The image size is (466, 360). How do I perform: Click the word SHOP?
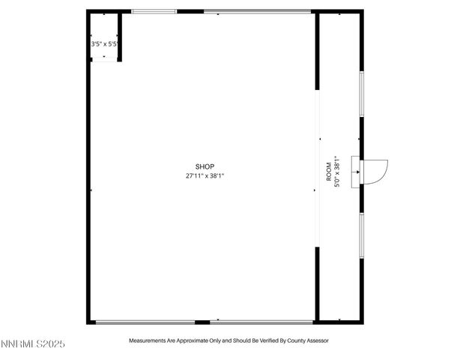coord(205,166)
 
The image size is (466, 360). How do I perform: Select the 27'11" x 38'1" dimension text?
coord(205,176)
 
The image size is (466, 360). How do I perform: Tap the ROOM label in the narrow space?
coord(327,172)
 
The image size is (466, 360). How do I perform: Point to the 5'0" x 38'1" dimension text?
coord(337,172)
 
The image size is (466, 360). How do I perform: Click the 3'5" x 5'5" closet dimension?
coord(104,44)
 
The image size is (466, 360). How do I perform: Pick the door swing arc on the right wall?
coord(378,171)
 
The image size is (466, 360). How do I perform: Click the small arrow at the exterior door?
coord(357,172)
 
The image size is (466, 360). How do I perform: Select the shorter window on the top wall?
coord(154,11)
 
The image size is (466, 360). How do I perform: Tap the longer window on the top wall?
coord(257,11)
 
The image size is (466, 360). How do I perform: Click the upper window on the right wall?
coord(361,94)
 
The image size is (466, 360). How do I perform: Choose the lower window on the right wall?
coord(361,236)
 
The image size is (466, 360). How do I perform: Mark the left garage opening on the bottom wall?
coord(145,322)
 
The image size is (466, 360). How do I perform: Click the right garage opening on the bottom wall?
coord(261,322)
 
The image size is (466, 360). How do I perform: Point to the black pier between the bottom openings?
coord(202,322)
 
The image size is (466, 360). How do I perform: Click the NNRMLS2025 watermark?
coord(33,344)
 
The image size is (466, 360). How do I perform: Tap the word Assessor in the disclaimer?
coord(314,340)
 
